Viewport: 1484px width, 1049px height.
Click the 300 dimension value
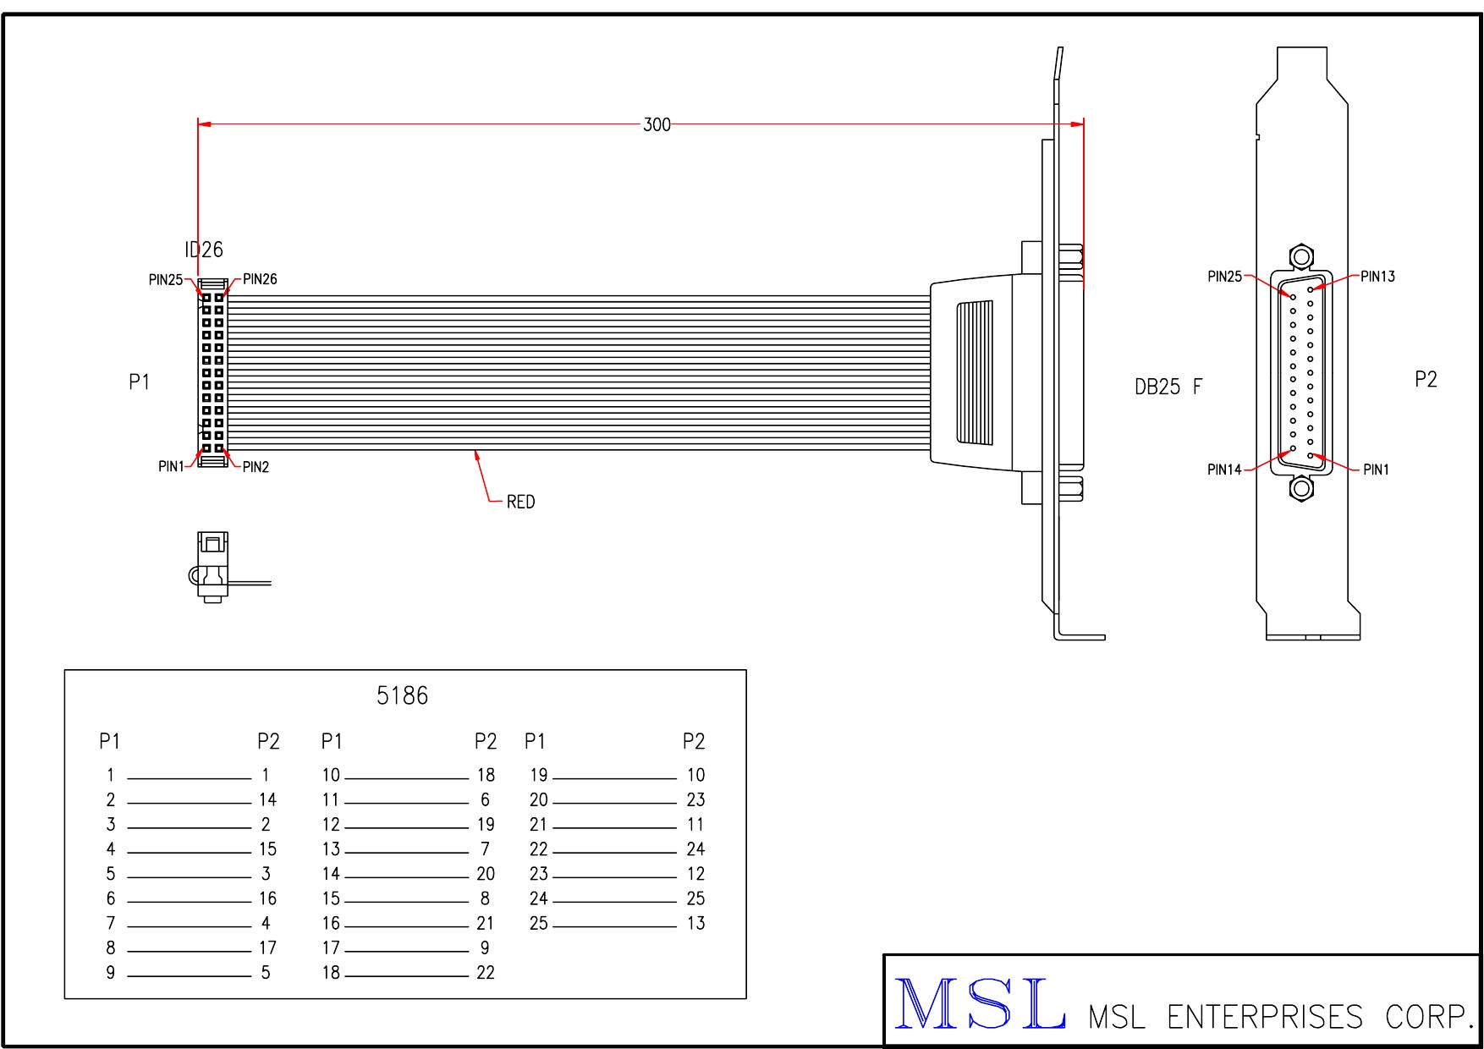[x=657, y=125]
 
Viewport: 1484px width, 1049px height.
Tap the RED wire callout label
[x=520, y=503]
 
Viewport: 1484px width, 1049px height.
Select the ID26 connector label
[x=204, y=250]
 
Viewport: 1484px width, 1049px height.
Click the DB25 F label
[x=1168, y=387]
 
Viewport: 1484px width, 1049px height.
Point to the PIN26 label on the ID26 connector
[x=260, y=279]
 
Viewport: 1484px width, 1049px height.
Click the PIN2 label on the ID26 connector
[x=256, y=467]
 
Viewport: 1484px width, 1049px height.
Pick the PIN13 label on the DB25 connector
[x=1377, y=277]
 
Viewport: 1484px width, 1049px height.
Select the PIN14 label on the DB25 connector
[x=1223, y=470]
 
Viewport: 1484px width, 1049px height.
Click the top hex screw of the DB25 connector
[x=1300, y=256]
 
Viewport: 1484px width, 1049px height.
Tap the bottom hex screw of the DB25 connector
[x=1300, y=488]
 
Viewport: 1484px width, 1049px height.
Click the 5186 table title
[x=402, y=696]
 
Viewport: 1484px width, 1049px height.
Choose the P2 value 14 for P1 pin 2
[x=267, y=800]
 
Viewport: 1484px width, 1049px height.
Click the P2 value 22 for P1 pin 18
[x=486, y=973]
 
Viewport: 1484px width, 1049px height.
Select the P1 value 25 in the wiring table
[x=539, y=924]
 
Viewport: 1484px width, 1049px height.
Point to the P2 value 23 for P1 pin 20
[x=695, y=800]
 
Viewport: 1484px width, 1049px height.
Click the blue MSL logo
[x=980, y=1004]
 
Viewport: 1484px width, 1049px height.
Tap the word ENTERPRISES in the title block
[x=1265, y=1017]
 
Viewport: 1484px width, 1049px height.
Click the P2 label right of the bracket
[x=1426, y=380]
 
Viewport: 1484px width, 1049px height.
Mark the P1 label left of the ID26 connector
[x=139, y=382]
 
